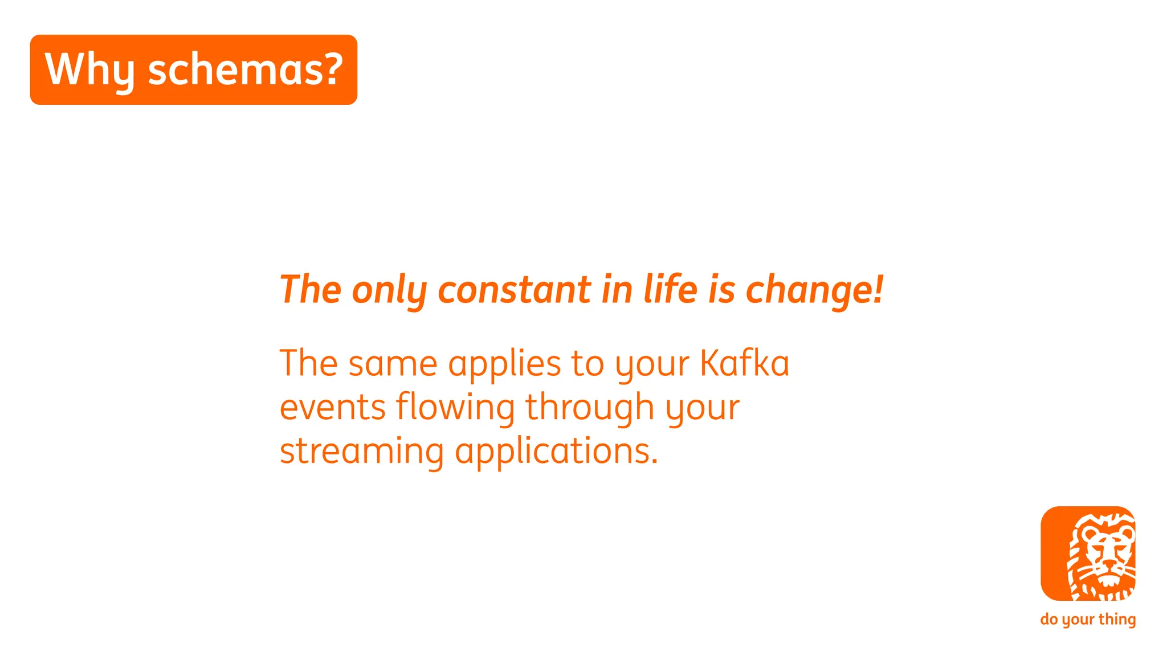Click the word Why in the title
pos(89,70)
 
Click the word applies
pos(504,364)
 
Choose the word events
pos(333,407)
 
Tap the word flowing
pos(455,408)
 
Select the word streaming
pos(361,452)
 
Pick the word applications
pos(556,452)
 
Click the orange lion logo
pos(1088,553)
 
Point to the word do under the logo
pos(1049,619)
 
